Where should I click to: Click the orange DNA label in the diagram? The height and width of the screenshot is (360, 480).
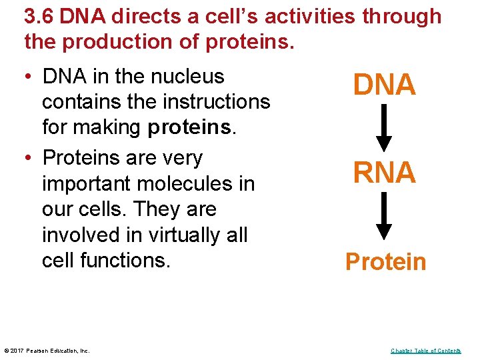(385, 85)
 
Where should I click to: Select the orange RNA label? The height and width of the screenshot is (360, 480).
(385, 173)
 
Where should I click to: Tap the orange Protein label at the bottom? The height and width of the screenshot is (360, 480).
(385, 262)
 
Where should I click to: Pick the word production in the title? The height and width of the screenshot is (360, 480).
(124, 41)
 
